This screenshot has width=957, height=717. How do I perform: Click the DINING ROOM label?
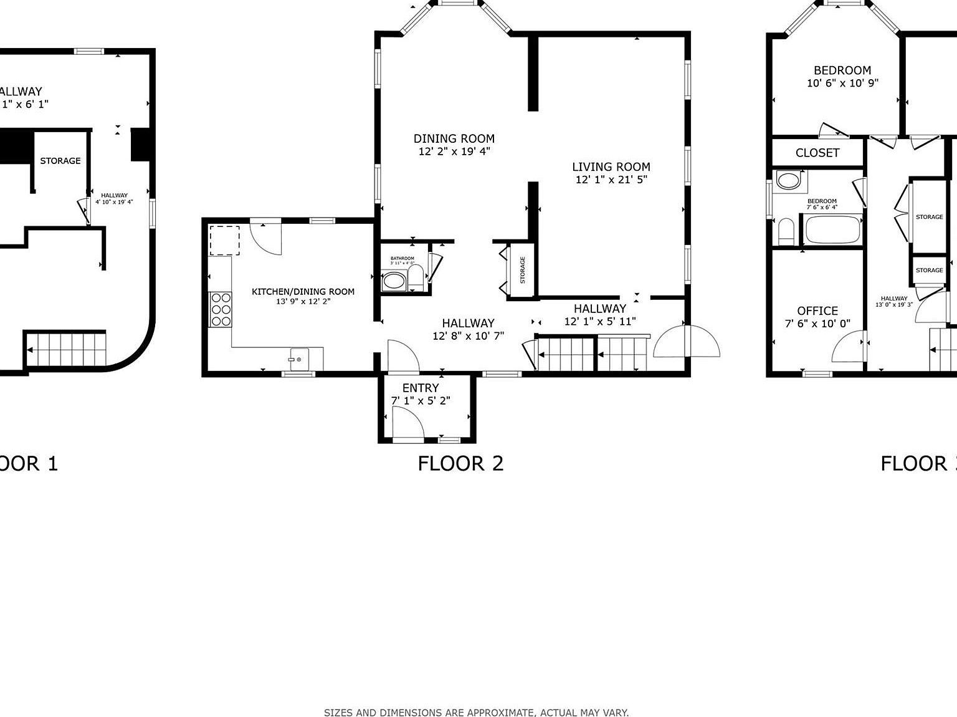pos(454,138)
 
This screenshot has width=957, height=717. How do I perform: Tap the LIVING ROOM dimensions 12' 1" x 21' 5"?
pos(611,180)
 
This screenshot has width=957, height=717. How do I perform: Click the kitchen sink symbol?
pos(298,359)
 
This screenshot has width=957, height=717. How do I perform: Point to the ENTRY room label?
pos(421,388)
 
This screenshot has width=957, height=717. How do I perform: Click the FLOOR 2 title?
pos(460,463)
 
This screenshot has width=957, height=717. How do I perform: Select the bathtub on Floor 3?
pos(833,230)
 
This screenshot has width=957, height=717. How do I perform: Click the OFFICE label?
pos(817,310)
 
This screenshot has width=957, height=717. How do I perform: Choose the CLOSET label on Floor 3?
pos(817,153)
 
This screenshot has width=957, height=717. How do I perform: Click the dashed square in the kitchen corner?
pos(224,241)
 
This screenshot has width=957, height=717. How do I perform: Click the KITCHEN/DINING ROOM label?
pos(303,291)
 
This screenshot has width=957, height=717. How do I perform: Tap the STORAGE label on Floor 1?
pos(60,161)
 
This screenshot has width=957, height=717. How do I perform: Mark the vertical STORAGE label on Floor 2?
pos(523,270)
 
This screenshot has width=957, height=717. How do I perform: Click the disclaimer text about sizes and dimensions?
pos(476,712)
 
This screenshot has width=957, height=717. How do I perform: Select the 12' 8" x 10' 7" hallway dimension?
pos(468,335)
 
